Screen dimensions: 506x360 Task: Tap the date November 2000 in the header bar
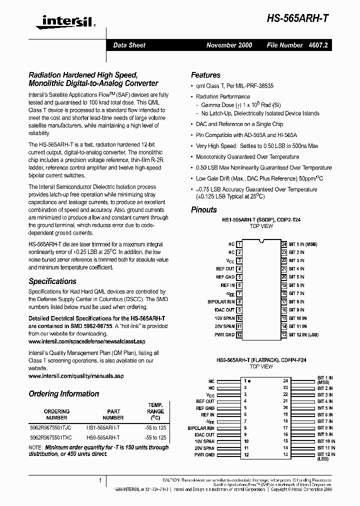[229, 45]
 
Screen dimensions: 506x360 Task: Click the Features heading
[205, 75]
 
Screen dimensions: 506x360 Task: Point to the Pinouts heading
[204, 209]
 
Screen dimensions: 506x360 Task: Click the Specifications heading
[52, 281]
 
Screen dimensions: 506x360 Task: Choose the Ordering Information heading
[63, 394]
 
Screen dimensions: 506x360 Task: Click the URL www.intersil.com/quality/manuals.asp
[76, 375]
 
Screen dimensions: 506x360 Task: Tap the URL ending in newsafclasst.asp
[86, 341]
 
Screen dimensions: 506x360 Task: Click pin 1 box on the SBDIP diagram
[239, 244]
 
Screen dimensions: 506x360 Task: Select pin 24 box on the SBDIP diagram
[283, 244]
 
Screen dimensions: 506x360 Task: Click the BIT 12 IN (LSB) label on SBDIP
[303, 334]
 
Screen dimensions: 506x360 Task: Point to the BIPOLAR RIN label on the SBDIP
[221, 302]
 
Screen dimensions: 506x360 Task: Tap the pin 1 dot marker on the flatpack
[249, 381]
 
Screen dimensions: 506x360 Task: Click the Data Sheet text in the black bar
[129, 45]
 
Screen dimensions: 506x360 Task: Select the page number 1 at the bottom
[100, 480]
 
